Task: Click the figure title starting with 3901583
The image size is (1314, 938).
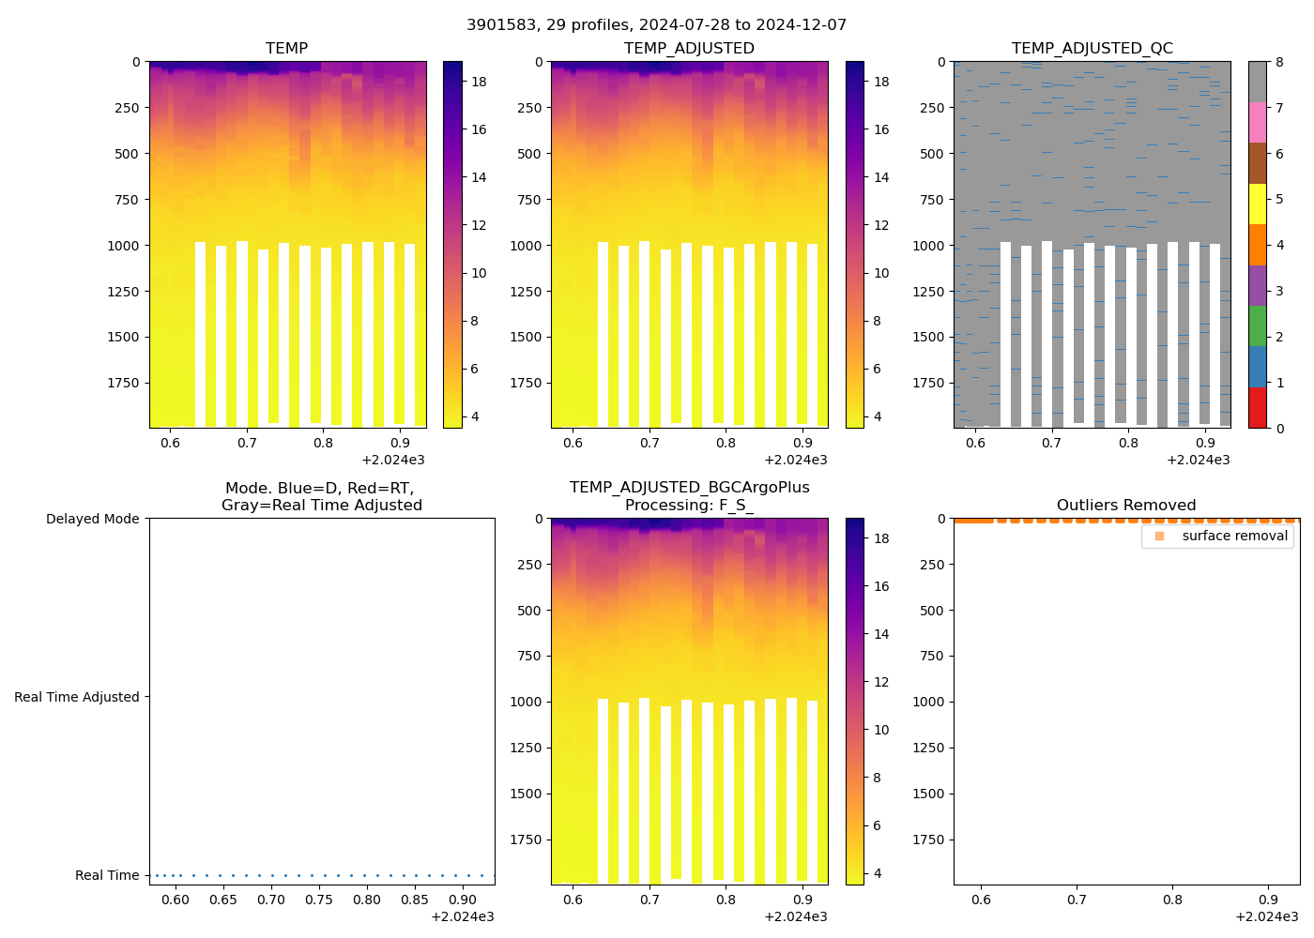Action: click(656, 24)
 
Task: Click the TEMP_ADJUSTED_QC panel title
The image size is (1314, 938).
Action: click(1092, 48)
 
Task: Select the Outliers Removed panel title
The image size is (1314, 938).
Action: click(1125, 505)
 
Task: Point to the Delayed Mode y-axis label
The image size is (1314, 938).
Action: click(92, 519)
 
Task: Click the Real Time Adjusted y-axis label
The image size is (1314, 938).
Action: click(76, 697)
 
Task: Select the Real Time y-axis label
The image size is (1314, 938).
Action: click(107, 875)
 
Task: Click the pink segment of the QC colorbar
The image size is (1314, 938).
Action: click(1257, 122)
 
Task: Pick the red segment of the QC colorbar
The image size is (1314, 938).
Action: click(1257, 408)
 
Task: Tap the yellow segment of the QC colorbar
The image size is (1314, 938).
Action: click(1257, 204)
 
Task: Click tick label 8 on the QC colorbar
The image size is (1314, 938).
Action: click(1279, 62)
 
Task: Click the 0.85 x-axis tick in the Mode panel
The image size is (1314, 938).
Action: click(415, 900)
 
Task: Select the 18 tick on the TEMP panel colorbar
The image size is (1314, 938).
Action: click(479, 82)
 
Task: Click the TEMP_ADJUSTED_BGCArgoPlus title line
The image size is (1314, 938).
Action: click(689, 488)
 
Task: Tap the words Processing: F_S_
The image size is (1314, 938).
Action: click(689, 505)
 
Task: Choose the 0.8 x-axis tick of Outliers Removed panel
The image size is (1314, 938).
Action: click(1172, 900)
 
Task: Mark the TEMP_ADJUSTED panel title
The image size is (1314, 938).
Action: click(689, 48)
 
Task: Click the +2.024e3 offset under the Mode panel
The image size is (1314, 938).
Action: click(462, 916)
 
